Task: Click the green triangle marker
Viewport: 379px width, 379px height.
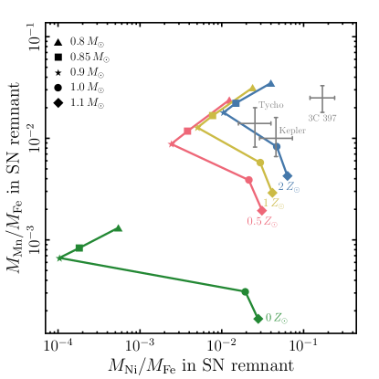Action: (119, 228)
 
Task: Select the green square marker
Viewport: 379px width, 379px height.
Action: (79, 247)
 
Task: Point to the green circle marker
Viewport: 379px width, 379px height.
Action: (245, 291)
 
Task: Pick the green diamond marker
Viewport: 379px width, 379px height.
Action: (258, 318)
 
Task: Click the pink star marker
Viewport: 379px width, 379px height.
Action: (172, 143)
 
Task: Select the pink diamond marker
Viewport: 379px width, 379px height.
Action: (262, 211)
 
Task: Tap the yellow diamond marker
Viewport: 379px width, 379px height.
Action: (272, 194)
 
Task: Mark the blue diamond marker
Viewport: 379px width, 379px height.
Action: (288, 175)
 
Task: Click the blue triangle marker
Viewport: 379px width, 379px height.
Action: (271, 83)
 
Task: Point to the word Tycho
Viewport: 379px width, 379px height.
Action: (270, 105)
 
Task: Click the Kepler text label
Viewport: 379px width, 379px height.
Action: (291, 131)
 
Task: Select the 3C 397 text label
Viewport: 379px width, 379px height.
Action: (321, 118)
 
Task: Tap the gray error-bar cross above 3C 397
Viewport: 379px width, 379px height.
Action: (322, 98)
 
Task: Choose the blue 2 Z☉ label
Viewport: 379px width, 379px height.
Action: (289, 187)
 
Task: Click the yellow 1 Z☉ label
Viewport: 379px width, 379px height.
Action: (271, 204)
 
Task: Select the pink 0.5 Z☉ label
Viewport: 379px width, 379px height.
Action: (262, 222)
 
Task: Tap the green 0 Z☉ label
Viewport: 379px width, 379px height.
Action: (282, 319)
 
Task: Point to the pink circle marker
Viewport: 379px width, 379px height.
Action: (249, 179)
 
